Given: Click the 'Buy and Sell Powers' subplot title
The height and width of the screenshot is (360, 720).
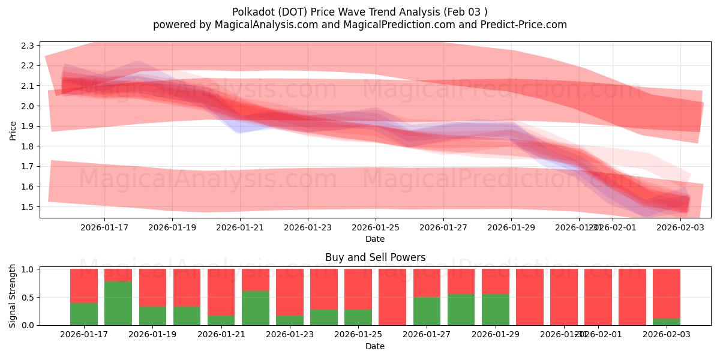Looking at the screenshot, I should click(375, 257).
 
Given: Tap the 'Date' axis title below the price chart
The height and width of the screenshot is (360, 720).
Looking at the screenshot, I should click(375, 239).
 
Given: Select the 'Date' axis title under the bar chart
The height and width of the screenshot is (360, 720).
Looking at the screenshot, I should click(375, 346).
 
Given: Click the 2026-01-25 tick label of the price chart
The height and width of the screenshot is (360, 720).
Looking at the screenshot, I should click(376, 227).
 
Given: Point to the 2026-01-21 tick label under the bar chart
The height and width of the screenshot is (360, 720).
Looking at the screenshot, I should click(221, 335).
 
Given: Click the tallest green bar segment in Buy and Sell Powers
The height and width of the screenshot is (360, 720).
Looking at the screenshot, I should click(118, 303).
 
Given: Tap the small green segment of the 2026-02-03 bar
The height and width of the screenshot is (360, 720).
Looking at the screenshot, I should click(667, 322).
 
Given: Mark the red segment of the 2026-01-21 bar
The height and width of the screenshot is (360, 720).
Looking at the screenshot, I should click(221, 292).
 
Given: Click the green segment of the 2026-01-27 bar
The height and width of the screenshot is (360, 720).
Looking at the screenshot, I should click(427, 311).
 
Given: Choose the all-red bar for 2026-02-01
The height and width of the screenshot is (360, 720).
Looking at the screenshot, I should click(632, 297).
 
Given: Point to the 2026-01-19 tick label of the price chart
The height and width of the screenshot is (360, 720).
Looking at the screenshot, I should click(172, 227).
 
